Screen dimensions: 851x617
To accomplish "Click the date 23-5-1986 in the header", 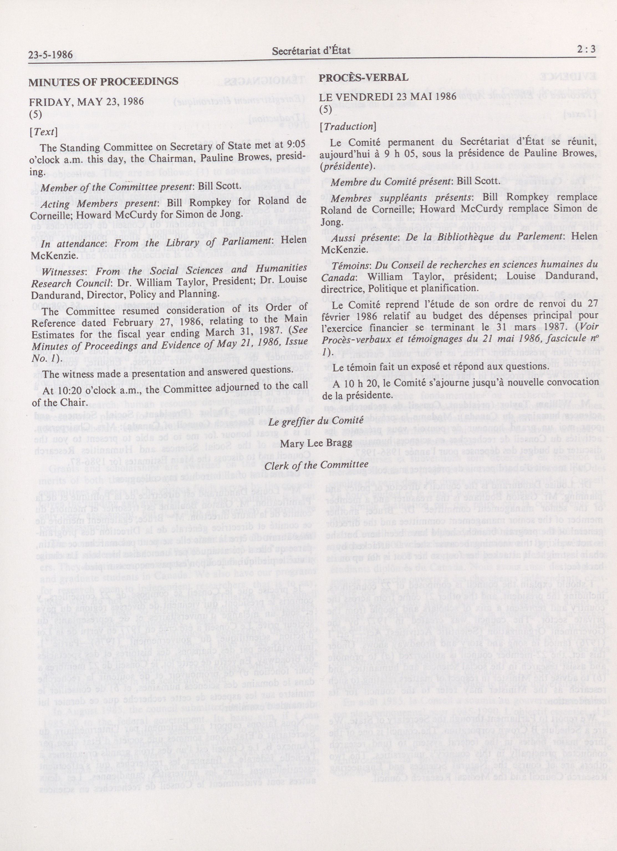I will point(50,56).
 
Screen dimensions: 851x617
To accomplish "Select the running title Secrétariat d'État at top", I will point(311,51).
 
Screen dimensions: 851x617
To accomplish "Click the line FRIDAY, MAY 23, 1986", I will point(86,101).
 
